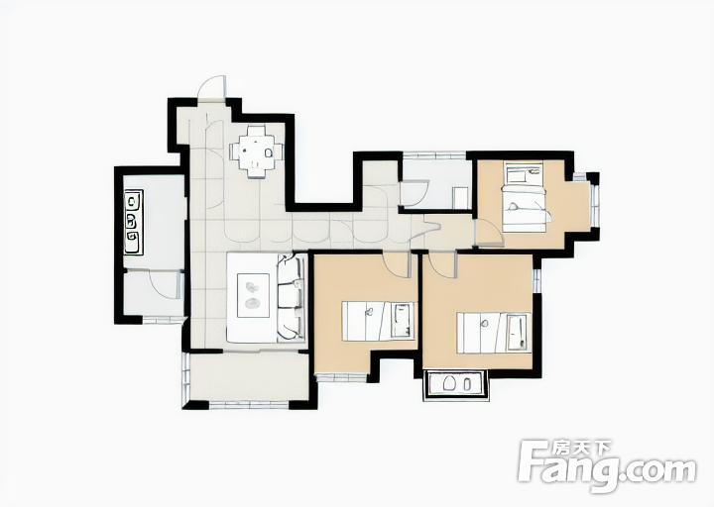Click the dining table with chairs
(256, 151)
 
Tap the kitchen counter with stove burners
(133, 222)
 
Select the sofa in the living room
(292, 297)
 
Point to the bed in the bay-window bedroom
(525, 196)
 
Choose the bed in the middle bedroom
(379, 321)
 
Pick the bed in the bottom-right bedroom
(494, 333)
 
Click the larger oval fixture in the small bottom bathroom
(449, 383)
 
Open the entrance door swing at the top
(211, 87)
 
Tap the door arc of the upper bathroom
(415, 194)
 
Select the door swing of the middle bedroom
(396, 265)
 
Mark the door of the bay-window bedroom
(489, 233)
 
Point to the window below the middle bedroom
(341, 377)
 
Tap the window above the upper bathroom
(434, 154)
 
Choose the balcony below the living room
(248, 376)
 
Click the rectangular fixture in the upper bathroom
(460, 198)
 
